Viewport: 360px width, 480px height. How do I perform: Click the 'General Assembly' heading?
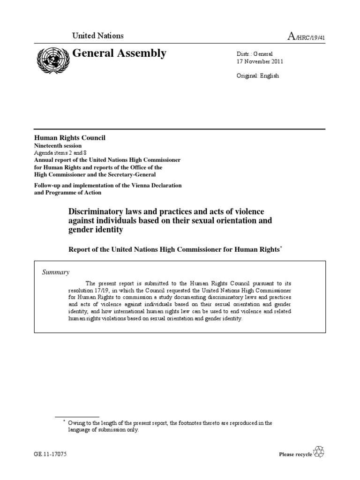coord(119,53)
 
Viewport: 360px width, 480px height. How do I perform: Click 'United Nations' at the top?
coord(97,36)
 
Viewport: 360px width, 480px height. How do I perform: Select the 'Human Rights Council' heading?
coord(68,137)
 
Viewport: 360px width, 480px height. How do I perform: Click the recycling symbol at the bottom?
coord(319,452)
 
